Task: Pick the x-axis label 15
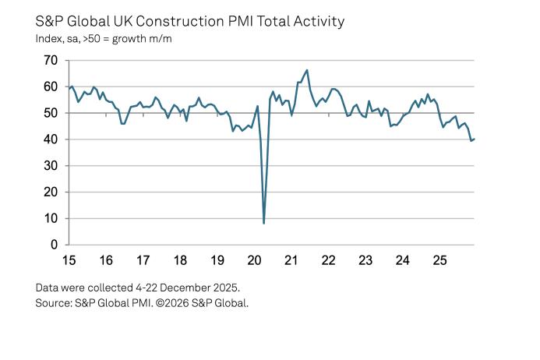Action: point(69,260)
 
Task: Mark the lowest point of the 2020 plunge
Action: point(264,224)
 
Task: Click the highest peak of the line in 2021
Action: point(307,70)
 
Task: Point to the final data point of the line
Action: point(474,139)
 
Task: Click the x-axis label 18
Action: point(179,260)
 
